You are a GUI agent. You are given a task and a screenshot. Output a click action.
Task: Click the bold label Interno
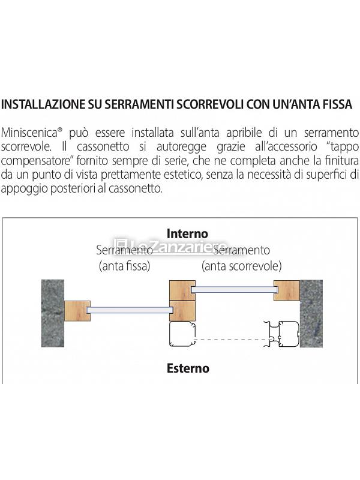187,233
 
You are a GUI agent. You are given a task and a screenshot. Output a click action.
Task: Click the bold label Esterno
188,368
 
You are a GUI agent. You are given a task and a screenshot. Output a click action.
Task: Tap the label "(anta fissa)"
124,265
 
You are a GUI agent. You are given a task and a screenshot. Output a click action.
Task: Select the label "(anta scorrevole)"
241,265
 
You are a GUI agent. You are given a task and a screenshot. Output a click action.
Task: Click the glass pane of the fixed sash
129,310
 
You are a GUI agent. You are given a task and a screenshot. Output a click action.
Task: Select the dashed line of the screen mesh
232,340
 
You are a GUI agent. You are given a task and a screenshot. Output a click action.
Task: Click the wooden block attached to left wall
77,310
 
